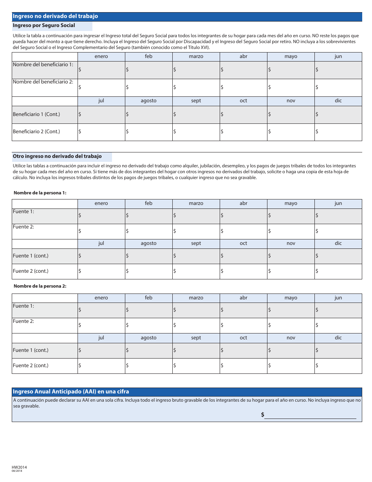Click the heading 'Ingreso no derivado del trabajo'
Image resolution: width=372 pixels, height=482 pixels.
click(55, 16)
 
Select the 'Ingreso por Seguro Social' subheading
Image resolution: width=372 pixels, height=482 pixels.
click(43, 25)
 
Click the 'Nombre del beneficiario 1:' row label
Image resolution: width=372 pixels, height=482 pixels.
click(43, 65)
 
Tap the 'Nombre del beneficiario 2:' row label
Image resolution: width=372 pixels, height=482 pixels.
click(43, 82)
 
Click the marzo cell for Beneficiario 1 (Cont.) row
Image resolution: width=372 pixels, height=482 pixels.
click(196, 114)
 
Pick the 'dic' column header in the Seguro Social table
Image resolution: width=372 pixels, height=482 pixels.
click(338, 101)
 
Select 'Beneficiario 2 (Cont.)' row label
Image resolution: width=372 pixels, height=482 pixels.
click(36, 132)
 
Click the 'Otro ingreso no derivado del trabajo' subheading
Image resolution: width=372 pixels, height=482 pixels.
click(57, 156)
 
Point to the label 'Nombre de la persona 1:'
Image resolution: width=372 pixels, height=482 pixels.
click(40, 193)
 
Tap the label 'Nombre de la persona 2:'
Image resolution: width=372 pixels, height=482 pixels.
click(40, 286)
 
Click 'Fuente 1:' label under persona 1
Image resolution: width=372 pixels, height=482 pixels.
click(23, 212)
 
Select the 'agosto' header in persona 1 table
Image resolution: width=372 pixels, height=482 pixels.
click(148, 243)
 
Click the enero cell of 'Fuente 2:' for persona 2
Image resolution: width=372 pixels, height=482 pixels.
click(101, 325)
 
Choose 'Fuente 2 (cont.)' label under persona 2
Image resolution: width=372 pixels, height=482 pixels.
click(31, 366)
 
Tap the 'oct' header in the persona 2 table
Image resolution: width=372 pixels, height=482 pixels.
click(243, 338)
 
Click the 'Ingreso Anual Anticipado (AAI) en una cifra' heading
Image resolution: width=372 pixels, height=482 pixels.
click(71, 391)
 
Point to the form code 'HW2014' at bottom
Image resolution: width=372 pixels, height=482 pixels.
click(20, 468)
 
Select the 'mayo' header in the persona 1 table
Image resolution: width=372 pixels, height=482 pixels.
click(291, 203)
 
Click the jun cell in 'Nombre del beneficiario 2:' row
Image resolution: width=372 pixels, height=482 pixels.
click(338, 87)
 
